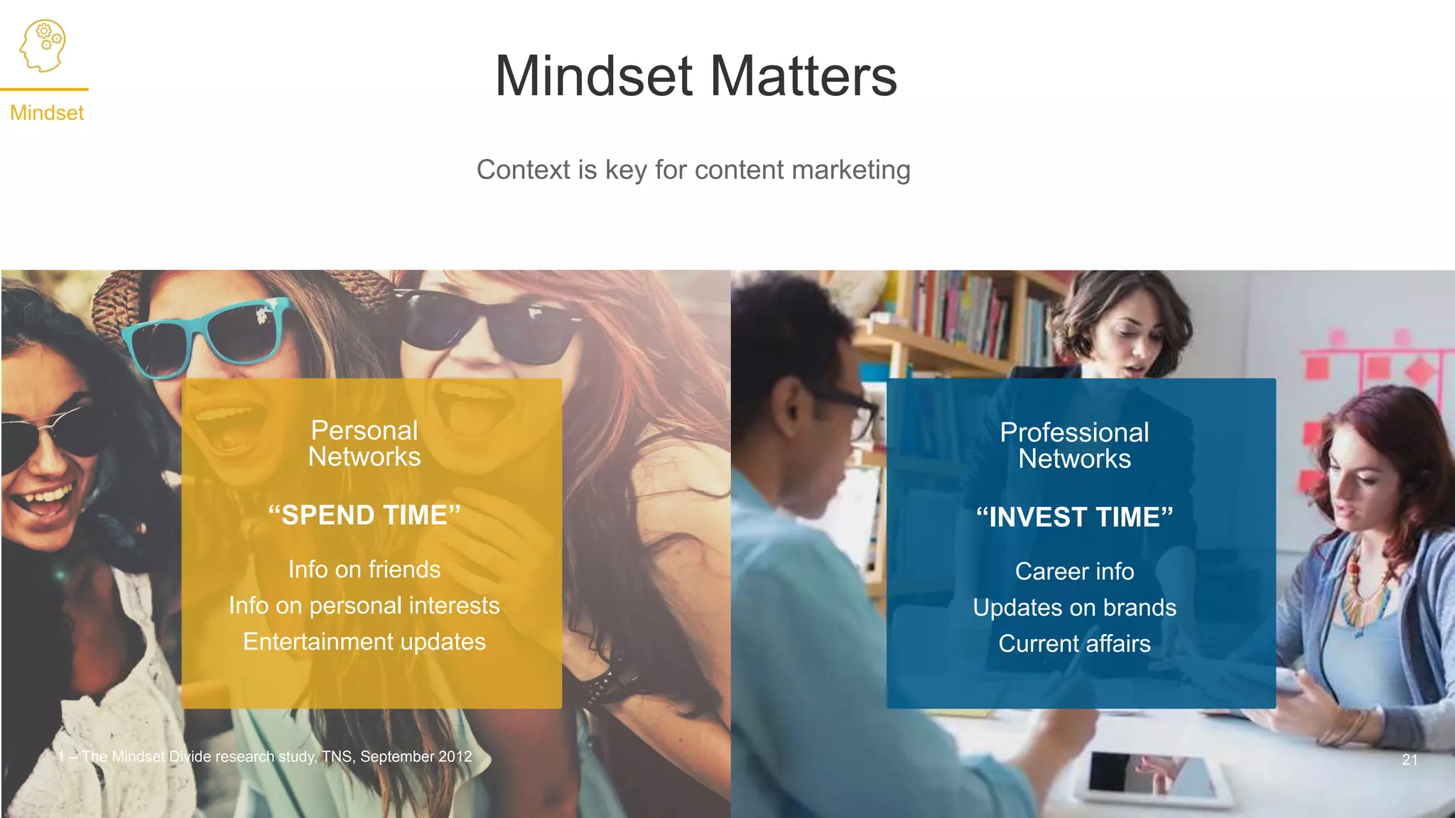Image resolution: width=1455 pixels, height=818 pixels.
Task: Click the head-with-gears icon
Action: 43,45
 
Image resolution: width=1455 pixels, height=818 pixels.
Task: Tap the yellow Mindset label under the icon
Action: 47,113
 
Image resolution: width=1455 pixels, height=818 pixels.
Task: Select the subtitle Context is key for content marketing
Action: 693,170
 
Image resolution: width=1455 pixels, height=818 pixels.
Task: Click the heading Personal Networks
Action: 364,444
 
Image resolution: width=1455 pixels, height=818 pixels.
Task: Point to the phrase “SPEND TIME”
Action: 364,516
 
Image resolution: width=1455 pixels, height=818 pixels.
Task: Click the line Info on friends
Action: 364,569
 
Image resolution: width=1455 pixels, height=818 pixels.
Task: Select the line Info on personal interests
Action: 364,606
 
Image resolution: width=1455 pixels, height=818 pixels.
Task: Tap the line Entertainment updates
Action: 364,642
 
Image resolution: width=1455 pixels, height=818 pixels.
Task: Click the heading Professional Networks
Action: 1074,446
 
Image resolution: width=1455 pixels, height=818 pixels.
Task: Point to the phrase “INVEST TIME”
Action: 1074,518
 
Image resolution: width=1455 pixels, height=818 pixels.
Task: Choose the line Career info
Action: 1074,572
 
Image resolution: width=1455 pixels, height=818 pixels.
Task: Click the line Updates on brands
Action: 1074,608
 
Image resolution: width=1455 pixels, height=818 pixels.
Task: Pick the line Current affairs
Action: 1074,644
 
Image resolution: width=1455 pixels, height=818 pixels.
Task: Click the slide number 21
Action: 1410,760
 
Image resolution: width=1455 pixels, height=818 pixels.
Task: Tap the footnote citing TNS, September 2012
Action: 265,757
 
